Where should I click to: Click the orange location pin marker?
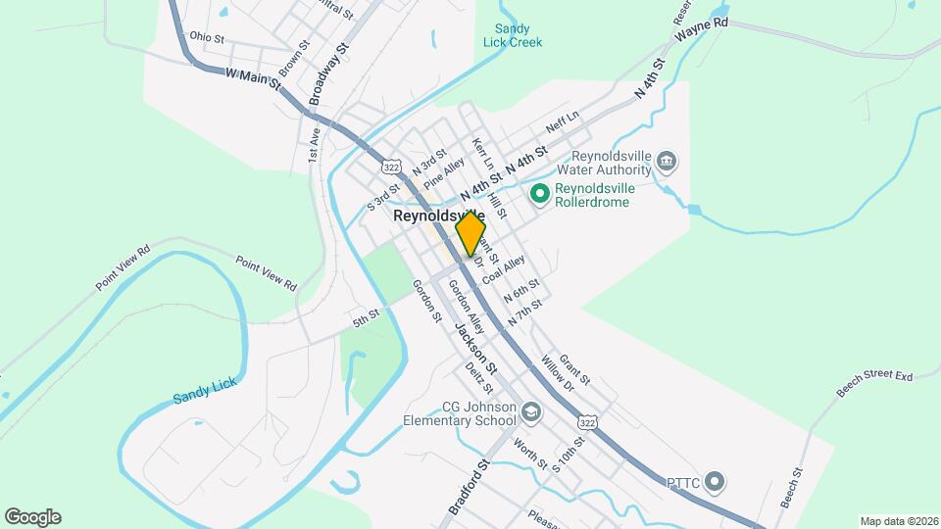click(470, 233)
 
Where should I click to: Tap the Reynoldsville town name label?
click(439, 216)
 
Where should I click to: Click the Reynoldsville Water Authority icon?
click(668, 160)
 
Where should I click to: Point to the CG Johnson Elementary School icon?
click(531, 413)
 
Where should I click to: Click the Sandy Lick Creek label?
click(513, 36)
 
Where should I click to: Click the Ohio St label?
click(207, 37)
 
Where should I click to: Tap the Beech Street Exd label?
click(874, 383)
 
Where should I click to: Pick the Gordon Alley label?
click(467, 306)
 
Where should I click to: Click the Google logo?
click(32, 517)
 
